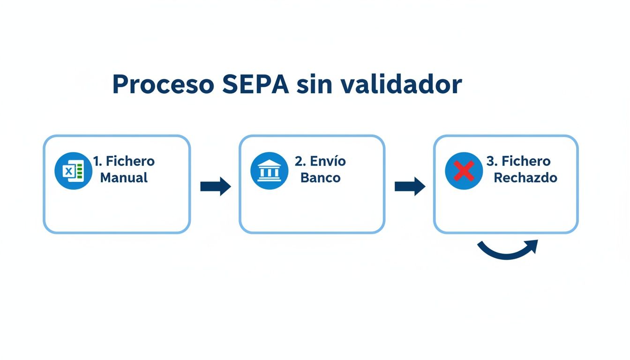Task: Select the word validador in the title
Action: point(401,84)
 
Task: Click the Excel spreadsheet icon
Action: point(73,171)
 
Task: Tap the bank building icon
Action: point(269,171)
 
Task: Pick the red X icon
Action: point(464,171)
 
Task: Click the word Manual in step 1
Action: point(124,178)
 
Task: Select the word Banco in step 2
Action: point(320,178)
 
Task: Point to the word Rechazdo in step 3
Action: point(525,178)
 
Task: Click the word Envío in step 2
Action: point(327,161)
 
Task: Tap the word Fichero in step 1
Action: point(130,161)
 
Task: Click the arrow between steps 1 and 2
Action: point(216,187)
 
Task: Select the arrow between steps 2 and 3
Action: point(410,187)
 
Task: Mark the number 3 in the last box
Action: point(491,161)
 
